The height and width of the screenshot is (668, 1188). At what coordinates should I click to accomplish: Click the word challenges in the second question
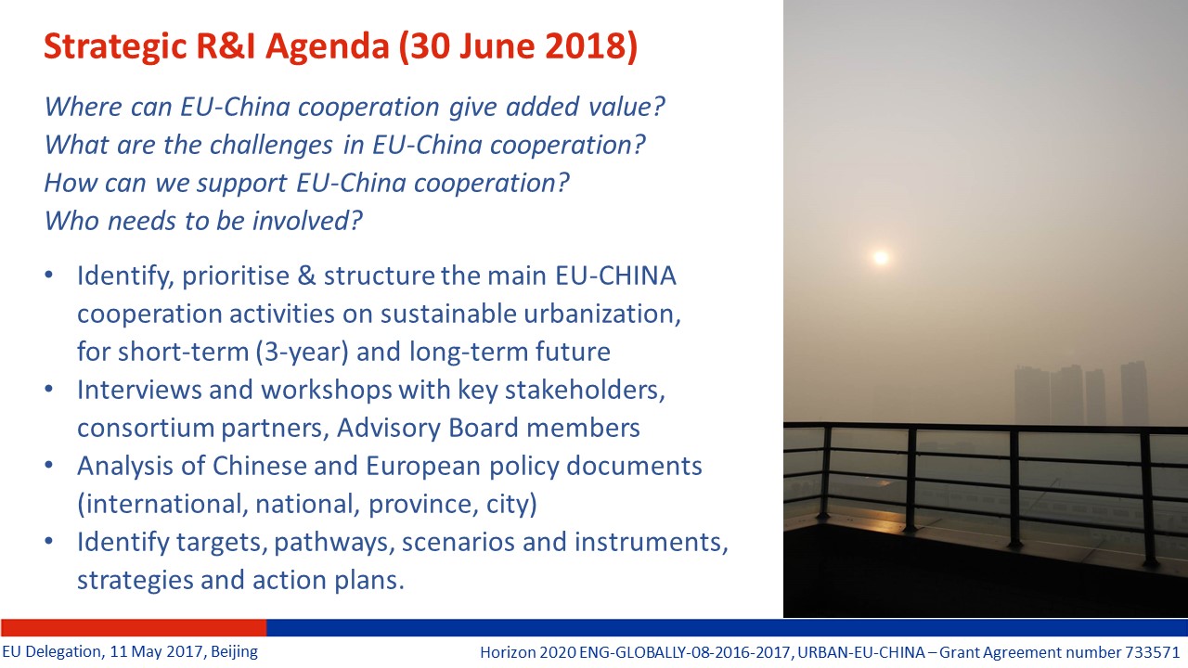pos(272,146)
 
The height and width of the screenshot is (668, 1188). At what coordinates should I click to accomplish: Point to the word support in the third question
pos(242,184)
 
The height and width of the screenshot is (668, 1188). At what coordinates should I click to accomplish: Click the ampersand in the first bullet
pos(306,276)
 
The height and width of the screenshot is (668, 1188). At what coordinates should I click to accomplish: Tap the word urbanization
pos(602,314)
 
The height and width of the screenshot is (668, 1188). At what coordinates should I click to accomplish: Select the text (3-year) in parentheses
pos(303,352)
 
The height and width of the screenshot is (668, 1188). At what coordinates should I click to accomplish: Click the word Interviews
pos(139,390)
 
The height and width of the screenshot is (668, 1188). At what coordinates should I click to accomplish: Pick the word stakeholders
pos(585,391)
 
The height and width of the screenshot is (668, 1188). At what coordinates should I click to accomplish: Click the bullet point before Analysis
pos(49,465)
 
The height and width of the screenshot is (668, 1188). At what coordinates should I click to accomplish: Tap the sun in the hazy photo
pos(881,258)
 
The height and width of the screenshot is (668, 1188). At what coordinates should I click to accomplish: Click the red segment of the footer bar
pos(133,627)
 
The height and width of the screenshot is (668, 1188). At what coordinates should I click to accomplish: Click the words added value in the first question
pos(585,107)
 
